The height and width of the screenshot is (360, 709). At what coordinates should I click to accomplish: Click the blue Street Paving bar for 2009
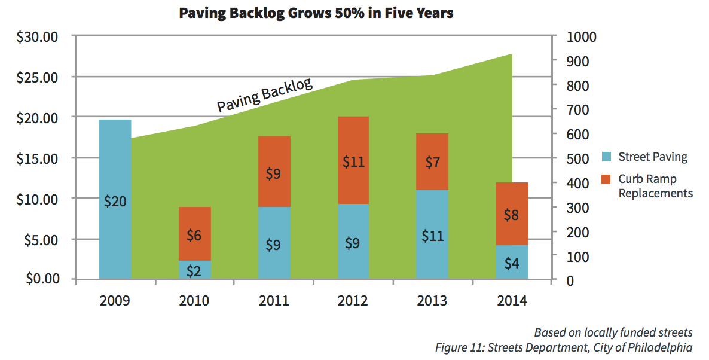coord(115,179)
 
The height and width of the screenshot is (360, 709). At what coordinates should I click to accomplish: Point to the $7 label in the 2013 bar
coord(432,161)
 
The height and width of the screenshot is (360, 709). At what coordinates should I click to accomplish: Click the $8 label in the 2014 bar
coord(511,215)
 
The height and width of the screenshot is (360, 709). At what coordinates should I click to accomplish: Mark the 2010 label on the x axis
coord(194,301)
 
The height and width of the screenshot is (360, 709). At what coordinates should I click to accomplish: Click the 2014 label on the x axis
coord(511,301)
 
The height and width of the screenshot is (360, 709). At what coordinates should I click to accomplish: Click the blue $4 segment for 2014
coord(511,263)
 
